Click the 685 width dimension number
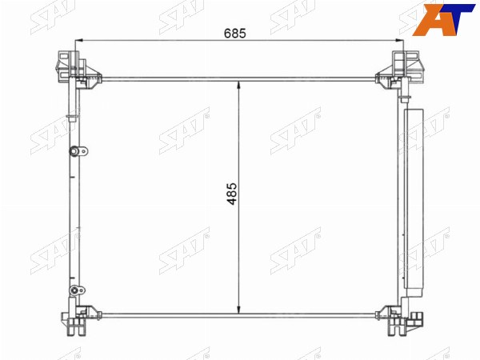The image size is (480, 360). pos(234,33)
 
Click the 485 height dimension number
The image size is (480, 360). pos(232,194)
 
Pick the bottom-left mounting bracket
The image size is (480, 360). pos(80,320)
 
